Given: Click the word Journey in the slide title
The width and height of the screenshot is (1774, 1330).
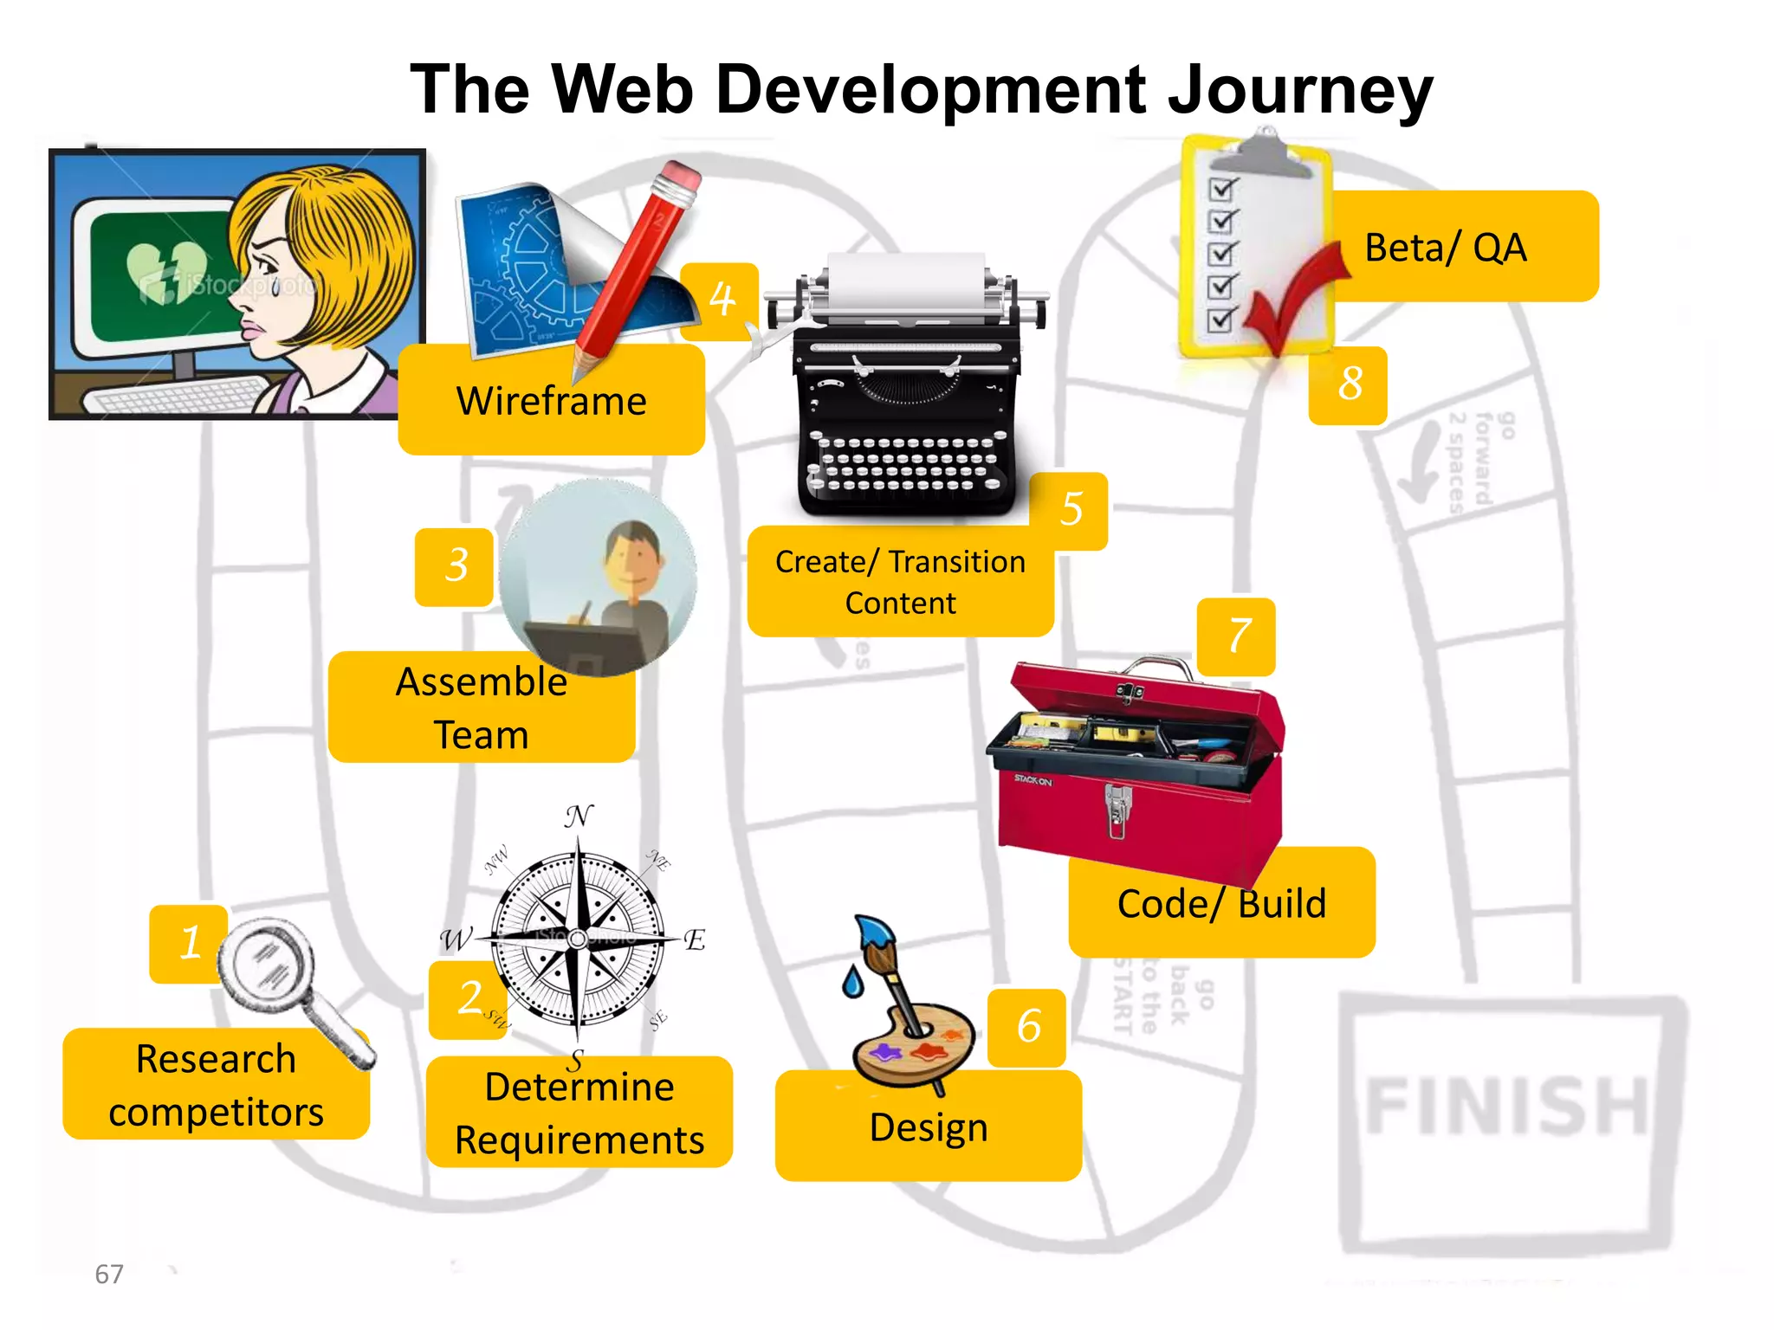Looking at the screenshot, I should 1299,91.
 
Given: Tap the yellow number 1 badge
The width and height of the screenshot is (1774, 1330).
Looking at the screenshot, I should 189,943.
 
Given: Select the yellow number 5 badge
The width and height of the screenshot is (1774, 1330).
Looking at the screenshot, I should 1071,510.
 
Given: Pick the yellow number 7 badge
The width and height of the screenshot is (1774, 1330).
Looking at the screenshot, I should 1238,636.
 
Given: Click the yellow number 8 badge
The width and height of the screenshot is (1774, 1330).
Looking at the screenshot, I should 1349,384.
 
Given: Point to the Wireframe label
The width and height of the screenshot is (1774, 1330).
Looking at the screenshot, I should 552,402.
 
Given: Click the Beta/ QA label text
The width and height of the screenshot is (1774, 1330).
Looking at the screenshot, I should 1445,249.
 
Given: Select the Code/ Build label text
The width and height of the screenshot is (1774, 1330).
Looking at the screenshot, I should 1221,904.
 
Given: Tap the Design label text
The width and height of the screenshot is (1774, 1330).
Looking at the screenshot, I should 929,1128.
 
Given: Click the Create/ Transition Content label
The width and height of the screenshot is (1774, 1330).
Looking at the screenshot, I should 900,583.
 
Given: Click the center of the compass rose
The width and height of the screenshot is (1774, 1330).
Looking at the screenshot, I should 579,939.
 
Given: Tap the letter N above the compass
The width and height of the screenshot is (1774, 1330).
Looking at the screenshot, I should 579,816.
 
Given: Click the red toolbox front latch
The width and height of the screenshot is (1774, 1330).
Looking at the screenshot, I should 1117,810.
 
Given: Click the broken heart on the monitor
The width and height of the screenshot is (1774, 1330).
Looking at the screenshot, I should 166,271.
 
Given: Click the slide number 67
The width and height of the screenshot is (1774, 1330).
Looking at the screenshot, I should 109,1275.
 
